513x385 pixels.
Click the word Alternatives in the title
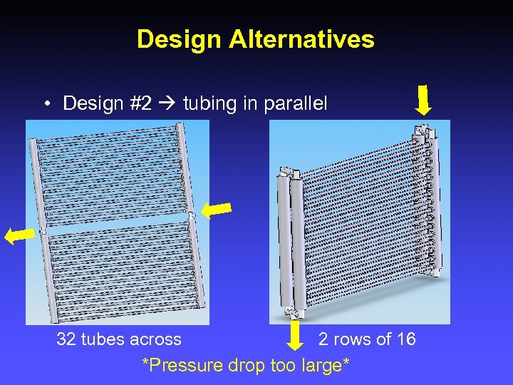click(301, 39)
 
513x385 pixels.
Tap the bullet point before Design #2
click(45, 104)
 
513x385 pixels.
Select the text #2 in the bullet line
click(141, 103)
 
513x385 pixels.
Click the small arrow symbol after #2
click(168, 104)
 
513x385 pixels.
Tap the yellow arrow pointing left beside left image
click(19, 236)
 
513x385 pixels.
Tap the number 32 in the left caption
click(66, 339)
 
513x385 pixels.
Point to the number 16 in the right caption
click(406, 339)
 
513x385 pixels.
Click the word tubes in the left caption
click(102, 339)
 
